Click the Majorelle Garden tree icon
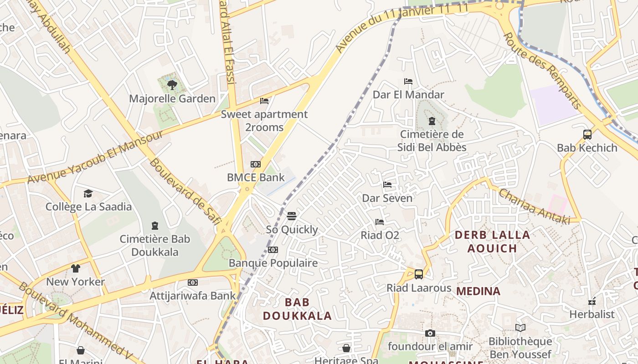pyautogui.click(x=172, y=85)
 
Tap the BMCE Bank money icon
pyautogui.click(x=256, y=164)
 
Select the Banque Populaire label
pyautogui.click(x=273, y=263)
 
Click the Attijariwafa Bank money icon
pyautogui.click(x=193, y=283)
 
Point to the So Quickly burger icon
pyautogui.click(x=292, y=216)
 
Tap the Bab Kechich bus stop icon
pyautogui.click(x=587, y=134)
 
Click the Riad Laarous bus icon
pyautogui.click(x=418, y=274)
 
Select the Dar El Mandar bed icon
pyautogui.click(x=408, y=81)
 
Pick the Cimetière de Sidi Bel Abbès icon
pyautogui.click(x=432, y=121)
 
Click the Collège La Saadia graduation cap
pyautogui.click(x=88, y=193)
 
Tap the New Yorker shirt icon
pyautogui.click(x=75, y=268)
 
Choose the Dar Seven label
pyautogui.click(x=387, y=198)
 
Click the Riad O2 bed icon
pyautogui.click(x=379, y=222)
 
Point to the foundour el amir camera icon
pyautogui.click(x=430, y=333)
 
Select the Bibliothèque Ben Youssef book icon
pyautogui.click(x=520, y=328)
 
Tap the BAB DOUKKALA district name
pyautogui.click(x=297, y=309)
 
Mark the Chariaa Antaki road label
pyautogui.click(x=534, y=206)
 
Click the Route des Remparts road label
pyautogui.click(x=542, y=71)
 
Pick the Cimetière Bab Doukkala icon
pyautogui.click(x=155, y=226)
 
